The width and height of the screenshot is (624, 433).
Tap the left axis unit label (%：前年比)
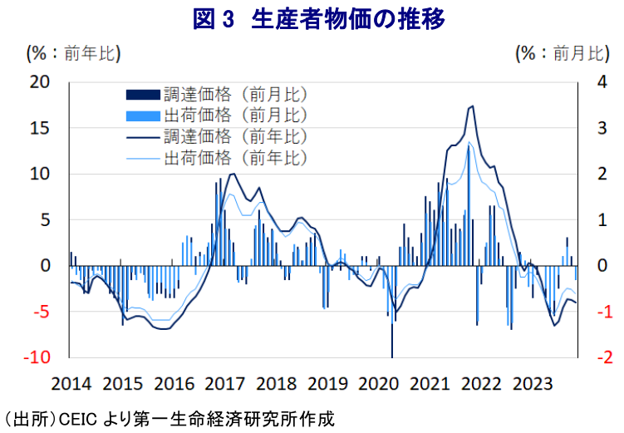click(73, 54)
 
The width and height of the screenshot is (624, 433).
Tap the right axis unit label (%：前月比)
click(562, 54)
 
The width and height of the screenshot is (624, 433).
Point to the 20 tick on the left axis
click(40, 82)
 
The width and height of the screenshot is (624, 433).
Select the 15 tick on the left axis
click(40, 128)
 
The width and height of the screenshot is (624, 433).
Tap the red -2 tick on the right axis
click(599, 357)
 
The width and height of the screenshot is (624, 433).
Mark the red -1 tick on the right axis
click(599, 312)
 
